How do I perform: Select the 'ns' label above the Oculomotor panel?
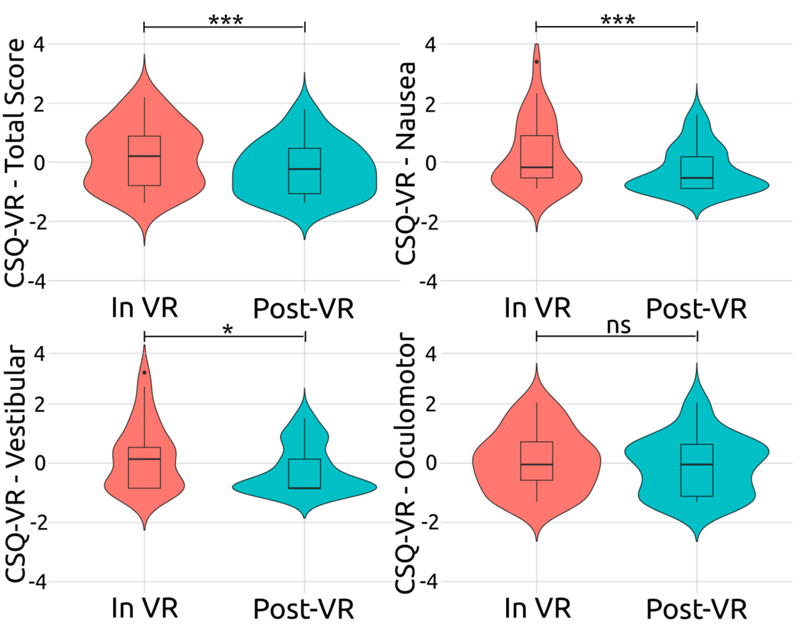tap(619, 326)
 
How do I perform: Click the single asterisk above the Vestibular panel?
tap(228, 330)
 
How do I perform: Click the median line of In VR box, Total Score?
tap(144, 156)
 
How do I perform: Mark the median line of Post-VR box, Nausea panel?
tap(697, 178)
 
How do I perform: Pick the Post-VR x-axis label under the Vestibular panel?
tap(304, 609)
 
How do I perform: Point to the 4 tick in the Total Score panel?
tap(39, 45)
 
